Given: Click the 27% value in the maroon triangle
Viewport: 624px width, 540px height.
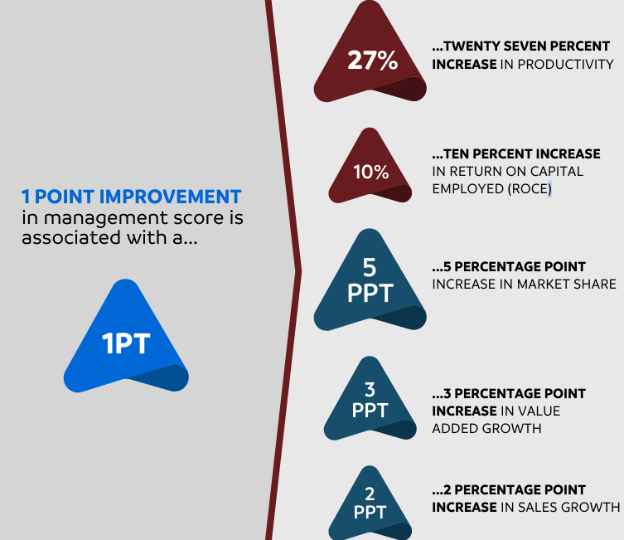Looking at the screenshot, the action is pyautogui.click(x=372, y=61).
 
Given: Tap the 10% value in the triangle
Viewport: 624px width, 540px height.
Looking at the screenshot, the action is pyautogui.click(x=371, y=172).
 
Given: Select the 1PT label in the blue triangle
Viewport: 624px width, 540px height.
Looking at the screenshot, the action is pyautogui.click(x=126, y=343).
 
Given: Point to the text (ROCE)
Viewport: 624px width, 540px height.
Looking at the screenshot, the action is pyautogui.click(x=530, y=188).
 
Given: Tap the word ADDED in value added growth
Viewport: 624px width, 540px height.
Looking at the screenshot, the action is pyautogui.click(x=455, y=429).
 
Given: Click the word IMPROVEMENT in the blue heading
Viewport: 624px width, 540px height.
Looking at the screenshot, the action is pyautogui.click(x=170, y=197).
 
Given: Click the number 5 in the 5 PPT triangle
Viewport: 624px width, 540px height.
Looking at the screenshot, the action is pyautogui.click(x=370, y=267).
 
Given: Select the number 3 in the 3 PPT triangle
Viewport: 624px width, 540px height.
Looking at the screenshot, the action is pyautogui.click(x=370, y=390).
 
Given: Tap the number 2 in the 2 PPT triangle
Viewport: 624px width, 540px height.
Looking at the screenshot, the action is pyautogui.click(x=370, y=494).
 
